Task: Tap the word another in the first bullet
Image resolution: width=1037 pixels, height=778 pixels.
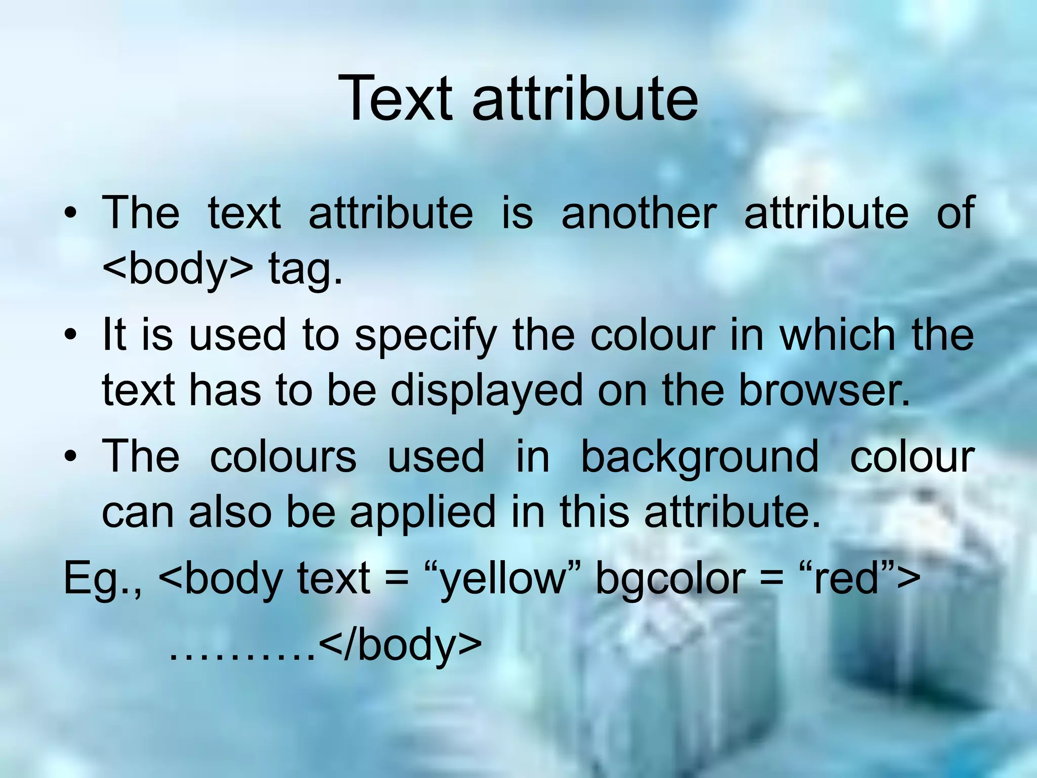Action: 639,213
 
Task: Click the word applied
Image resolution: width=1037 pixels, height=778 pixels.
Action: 423,513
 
